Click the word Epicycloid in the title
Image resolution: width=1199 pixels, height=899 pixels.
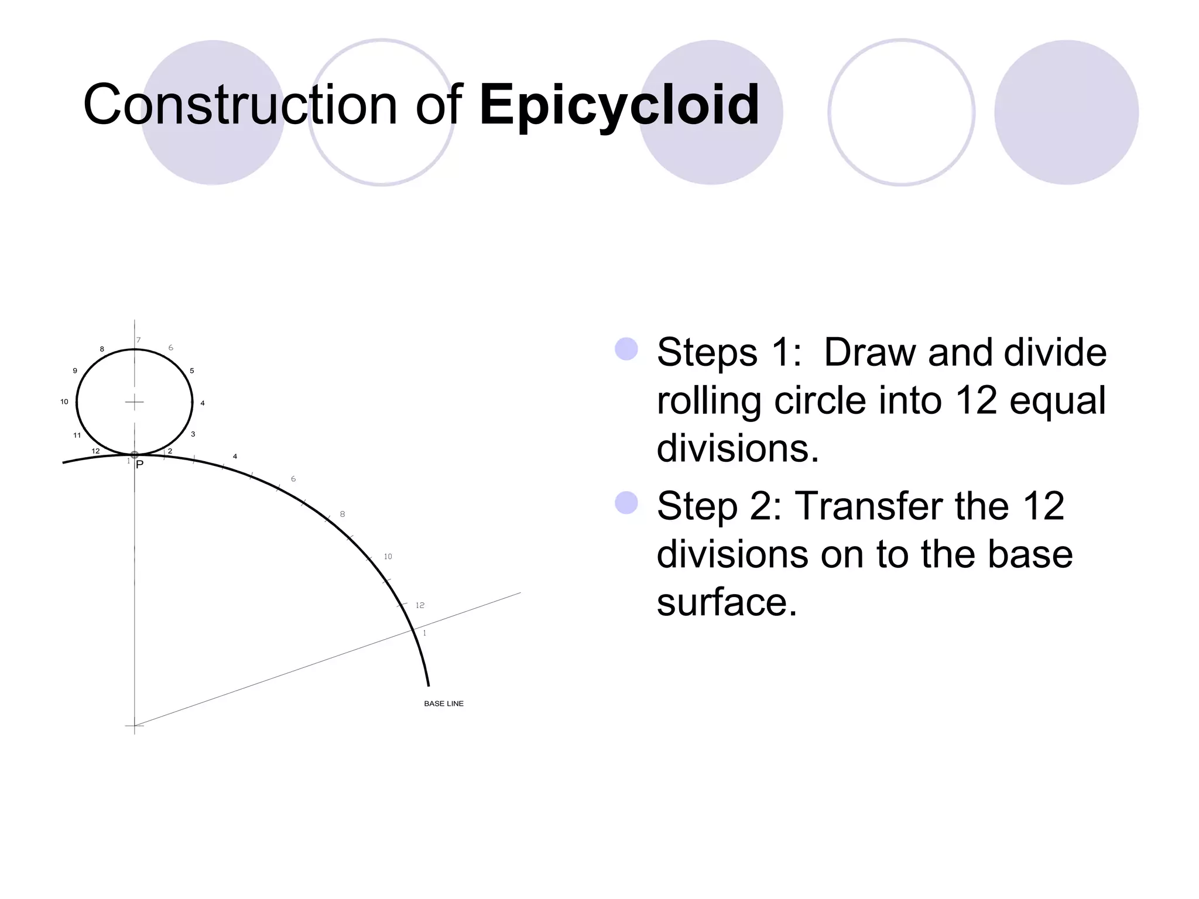pos(619,105)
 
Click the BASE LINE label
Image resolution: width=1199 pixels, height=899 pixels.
pos(444,704)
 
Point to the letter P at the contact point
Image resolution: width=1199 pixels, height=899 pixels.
pos(139,465)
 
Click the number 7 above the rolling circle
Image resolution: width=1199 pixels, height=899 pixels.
pos(139,340)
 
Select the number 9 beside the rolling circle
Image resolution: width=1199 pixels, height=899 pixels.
pos(75,370)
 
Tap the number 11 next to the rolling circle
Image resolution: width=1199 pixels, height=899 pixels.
pos(77,435)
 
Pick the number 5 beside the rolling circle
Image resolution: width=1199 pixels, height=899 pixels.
pos(192,370)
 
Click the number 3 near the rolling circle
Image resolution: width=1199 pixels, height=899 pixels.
pos(193,434)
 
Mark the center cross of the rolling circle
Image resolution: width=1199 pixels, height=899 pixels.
pos(135,402)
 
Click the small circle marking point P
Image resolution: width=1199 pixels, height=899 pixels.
pos(135,455)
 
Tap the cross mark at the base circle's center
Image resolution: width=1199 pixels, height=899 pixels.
pos(135,726)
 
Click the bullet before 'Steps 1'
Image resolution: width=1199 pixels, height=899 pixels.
pos(626,349)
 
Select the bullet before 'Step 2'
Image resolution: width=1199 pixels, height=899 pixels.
pos(626,503)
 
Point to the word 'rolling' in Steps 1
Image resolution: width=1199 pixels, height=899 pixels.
pos(708,401)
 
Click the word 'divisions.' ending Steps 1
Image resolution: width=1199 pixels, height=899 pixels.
pos(738,448)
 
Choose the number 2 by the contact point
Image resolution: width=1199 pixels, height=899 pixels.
pos(170,451)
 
